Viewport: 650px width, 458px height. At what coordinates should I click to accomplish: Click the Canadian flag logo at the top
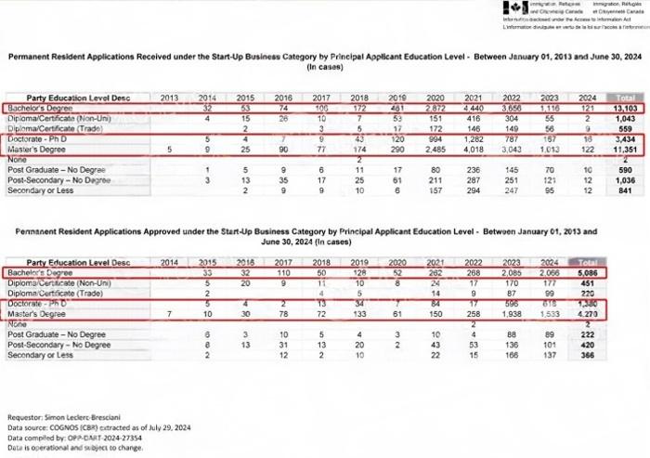[509, 8]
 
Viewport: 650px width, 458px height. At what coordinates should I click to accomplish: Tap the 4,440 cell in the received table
[472, 108]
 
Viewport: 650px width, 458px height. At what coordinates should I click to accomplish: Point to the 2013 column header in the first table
[169, 98]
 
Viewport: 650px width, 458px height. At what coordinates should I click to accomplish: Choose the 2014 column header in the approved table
[169, 264]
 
